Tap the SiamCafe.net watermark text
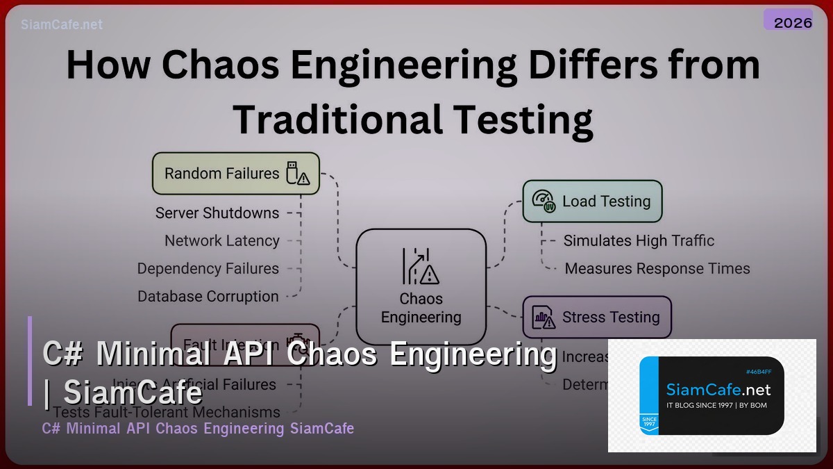coord(62,24)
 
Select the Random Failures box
coord(236,174)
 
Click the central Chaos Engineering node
coord(421,287)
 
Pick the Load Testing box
coord(592,201)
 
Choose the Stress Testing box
coord(596,318)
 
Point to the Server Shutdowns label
coord(217,213)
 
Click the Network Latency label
coord(222,241)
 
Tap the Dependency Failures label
coord(208,269)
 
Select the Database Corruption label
coord(208,297)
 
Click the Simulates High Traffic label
coord(639,241)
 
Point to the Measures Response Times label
coord(657,269)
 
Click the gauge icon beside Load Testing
coord(544,201)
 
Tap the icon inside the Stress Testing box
coord(544,318)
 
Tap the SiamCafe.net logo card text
coord(718,390)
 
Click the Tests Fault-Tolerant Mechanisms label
coord(167,412)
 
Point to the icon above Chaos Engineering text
coord(421,266)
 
